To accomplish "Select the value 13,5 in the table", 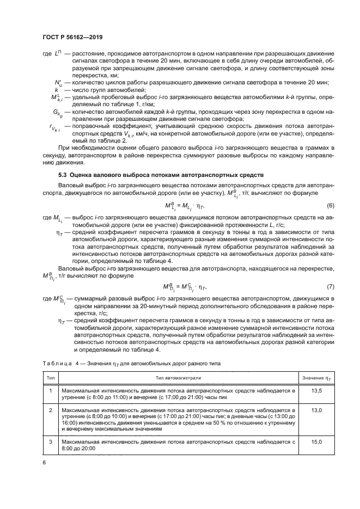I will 316,390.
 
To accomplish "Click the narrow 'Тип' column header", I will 50,377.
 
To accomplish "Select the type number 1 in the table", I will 50,390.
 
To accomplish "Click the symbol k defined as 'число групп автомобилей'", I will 56,89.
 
